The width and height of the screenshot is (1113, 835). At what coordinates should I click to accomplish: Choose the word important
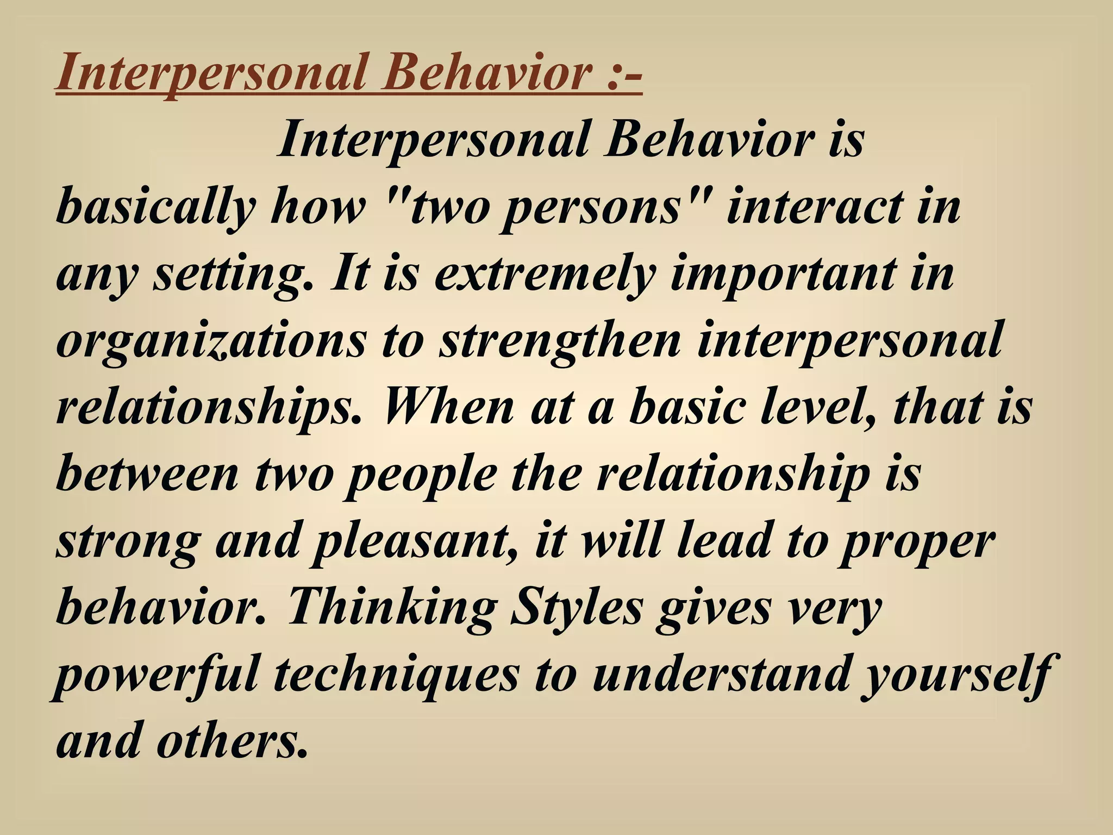click(x=783, y=274)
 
